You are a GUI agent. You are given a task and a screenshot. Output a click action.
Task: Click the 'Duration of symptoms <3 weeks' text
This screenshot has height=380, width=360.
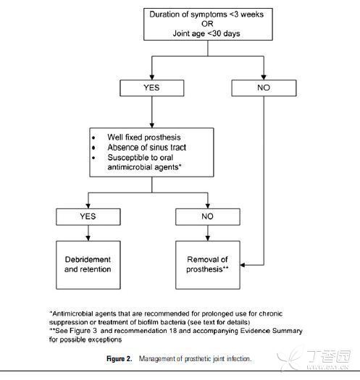[x=206, y=14]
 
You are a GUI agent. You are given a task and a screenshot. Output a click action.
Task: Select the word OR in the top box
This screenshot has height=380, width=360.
[x=207, y=24]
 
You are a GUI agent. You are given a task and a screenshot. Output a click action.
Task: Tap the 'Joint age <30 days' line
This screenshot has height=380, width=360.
[x=206, y=33]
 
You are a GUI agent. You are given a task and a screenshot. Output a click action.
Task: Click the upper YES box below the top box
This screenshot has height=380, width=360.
[x=152, y=88]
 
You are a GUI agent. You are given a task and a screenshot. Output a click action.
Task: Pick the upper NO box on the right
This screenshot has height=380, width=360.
[x=264, y=88]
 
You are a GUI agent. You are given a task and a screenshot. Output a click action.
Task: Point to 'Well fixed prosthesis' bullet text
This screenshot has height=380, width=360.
[x=144, y=138]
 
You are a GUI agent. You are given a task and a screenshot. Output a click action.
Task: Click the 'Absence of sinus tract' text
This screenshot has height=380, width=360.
[x=147, y=148]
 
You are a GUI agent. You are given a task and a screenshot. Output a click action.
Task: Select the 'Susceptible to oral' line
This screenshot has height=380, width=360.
[x=141, y=158]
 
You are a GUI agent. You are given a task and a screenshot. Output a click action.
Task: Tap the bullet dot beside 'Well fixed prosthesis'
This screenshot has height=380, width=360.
[x=93, y=138]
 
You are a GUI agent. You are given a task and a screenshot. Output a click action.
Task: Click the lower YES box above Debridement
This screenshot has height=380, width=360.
[x=88, y=217]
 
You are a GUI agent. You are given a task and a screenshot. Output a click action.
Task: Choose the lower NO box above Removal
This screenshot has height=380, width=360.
[x=208, y=217]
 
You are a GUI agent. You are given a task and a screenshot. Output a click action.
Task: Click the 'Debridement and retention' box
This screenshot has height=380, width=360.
[x=88, y=265]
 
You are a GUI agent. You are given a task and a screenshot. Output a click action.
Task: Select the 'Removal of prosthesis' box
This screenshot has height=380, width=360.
[x=208, y=265]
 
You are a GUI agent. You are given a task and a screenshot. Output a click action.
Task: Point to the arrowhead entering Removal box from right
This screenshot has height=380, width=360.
[x=243, y=265]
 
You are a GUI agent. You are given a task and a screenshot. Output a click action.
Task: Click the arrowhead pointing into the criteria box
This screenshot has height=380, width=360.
[x=152, y=125]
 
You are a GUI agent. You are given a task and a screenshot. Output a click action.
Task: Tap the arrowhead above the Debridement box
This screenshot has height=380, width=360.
[x=88, y=238]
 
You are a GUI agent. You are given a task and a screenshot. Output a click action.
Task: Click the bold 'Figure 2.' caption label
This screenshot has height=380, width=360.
[x=120, y=359]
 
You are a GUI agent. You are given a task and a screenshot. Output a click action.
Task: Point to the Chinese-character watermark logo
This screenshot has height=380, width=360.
[x=315, y=358]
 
